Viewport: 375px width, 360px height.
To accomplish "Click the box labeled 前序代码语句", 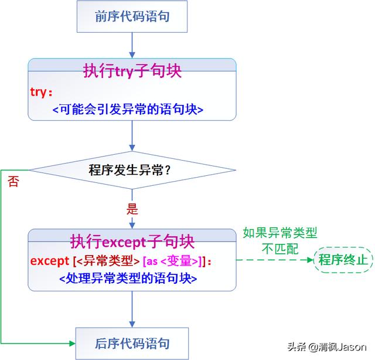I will [132, 16].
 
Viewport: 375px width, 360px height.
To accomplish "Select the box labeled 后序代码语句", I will [132, 343].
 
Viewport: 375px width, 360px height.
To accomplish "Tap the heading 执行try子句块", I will [132, 71].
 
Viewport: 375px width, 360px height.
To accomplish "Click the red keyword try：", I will [42, 92].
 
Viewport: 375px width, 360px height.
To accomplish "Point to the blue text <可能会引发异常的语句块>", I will [131, 109].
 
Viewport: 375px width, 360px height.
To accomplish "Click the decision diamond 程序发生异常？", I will [132, 171].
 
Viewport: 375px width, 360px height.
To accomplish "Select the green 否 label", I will [13, 181].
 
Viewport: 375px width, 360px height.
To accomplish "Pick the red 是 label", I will [132, 208].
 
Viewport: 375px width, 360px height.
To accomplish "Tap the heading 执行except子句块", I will [132, 241].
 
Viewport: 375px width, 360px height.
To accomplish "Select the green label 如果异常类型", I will [280, 233].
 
